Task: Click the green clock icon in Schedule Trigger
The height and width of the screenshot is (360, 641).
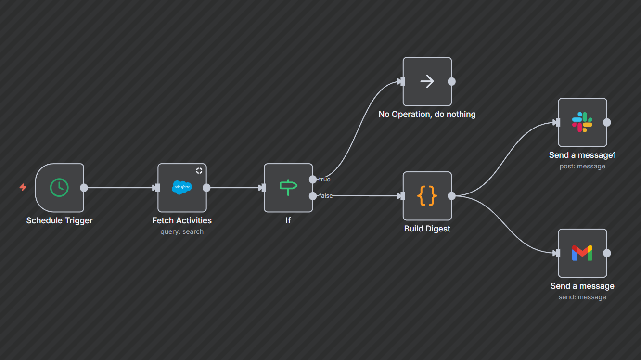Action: tap(59, 188)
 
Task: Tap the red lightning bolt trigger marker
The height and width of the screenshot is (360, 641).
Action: tap(23, 187)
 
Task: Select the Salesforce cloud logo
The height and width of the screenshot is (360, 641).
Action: tap(182, 187)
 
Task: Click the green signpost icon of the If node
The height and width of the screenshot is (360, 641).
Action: tap(288, 187)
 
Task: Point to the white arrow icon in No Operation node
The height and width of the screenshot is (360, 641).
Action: tap(427, 81)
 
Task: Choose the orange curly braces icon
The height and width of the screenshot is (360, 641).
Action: tap(427, 195)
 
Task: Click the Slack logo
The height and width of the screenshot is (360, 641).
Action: tap(582, 122)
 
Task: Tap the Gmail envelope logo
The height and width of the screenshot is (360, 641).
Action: tap(582, 253)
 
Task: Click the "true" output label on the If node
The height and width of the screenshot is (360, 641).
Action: tap(325, 180)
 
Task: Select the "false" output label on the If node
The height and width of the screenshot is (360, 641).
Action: tap(326, 196)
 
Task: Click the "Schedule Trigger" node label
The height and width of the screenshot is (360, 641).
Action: tap(59, 220)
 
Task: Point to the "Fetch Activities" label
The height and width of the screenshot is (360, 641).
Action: tap(182, 220)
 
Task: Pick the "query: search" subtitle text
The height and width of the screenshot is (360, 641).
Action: tap(182, 231)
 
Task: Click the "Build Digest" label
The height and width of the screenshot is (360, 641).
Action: tap(427, 229)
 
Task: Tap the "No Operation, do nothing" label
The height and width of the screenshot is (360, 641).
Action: tap(427, 114)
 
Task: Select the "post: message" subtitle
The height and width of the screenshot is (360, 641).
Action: tap(582, 166)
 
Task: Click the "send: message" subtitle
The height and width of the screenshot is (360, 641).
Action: tap(582, 297)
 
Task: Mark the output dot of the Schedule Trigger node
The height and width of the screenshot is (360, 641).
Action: tap(84, 188)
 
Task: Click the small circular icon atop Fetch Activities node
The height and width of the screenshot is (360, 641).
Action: tap(199, 171)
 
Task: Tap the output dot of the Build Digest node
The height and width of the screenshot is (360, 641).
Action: tap(451, 196)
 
